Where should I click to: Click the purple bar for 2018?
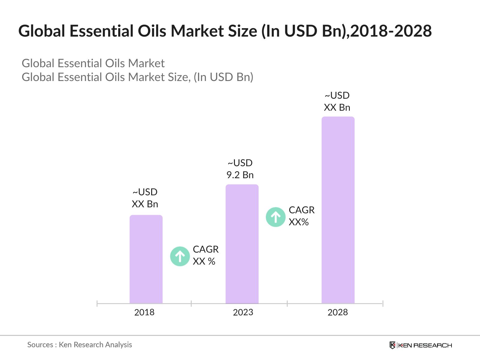tap(146, 259)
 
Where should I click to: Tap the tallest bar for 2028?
tap(338, 210)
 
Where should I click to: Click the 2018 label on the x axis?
tap(144, 312)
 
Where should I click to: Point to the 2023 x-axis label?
tap(243, 312)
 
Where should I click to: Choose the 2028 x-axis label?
tap(337, 312)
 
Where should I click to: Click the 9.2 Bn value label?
tap(240, 175)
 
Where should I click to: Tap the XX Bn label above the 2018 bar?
tap(145, 204)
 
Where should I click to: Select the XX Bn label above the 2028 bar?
tap(337, 107)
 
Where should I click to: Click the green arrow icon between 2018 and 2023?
tap(180, 256)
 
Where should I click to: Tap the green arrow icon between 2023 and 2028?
tap(275, 217)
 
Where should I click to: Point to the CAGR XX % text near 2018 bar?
tap(205, 255)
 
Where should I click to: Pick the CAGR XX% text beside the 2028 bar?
tap(301, 216)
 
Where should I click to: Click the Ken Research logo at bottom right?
tap(421, 345)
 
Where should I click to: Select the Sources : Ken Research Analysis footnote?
tap(79, 345)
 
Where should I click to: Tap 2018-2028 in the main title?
tap(391, 31)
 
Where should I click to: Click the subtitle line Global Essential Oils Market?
tap(93, 63)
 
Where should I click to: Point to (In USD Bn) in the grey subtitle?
tap(223, 77)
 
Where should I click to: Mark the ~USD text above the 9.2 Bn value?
tap(240, 163)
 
